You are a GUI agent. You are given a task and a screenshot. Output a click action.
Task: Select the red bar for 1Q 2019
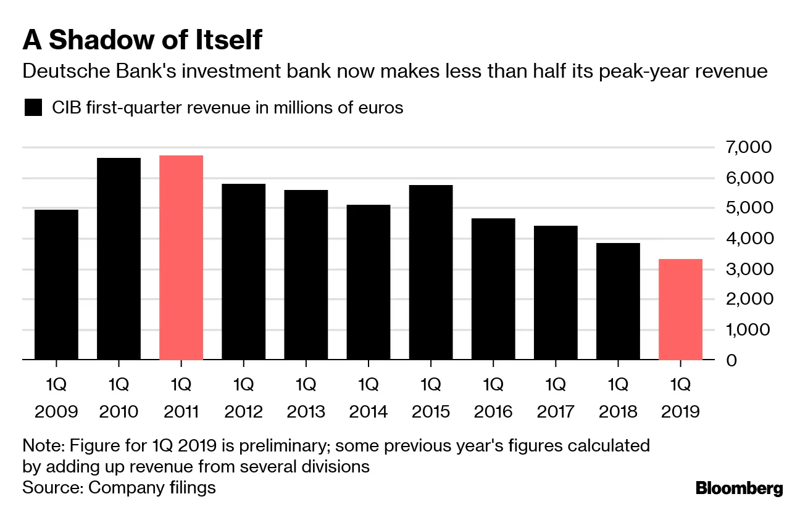(x=681, y=309)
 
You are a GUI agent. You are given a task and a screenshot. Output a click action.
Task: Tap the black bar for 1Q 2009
(x=56, y=284)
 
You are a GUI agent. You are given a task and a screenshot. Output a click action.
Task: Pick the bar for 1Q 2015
(x=431, y=272)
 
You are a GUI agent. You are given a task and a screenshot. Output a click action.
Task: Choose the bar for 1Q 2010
(x=119, y=258)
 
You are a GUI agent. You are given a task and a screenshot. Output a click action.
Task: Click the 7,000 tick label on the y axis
(x=749, y=147)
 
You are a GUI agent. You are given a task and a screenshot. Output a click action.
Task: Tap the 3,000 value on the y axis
(x=749, y=269)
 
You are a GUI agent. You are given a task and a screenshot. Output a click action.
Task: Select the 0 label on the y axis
(x=731, y=360)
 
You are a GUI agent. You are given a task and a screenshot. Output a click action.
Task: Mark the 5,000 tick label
(x=749, y=208)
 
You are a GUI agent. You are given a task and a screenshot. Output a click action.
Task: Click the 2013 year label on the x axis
(x=306, y=411)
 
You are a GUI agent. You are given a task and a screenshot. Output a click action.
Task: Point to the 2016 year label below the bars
(x=493, y=411)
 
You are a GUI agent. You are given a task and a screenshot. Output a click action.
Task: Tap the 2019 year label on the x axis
(x=680, y=411)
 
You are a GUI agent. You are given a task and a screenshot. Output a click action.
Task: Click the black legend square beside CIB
(x=33, y=108)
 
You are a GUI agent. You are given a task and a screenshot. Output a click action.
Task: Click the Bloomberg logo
(x=739, y=489)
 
